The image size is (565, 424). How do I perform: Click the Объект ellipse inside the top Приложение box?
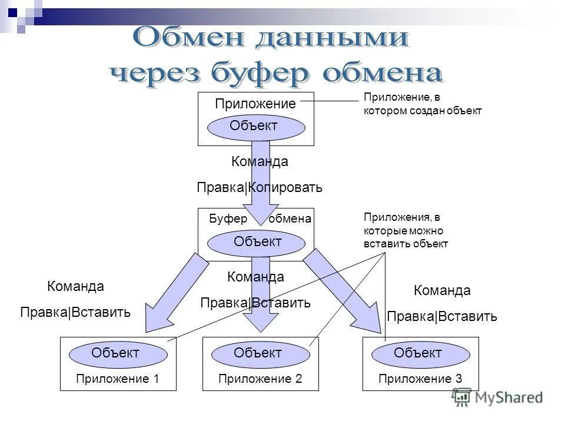click(254, 125)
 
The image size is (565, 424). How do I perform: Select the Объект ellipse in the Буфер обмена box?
click(258, 241)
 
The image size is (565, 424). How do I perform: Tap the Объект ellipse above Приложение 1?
click(115, 353)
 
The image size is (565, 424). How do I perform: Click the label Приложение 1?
click(118, 379)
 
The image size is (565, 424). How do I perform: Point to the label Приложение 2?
click(260, 379)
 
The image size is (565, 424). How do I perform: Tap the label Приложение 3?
click(420, 379)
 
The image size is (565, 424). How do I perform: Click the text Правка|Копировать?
click(260, 188)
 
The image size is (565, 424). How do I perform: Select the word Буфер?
click(228, 219)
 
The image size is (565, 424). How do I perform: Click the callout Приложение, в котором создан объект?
click(422, 104)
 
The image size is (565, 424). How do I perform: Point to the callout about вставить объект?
click(406, 230)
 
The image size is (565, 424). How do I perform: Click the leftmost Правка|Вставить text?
click(75, 312)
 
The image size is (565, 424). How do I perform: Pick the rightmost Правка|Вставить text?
click(442, 317)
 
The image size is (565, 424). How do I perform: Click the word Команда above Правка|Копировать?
click(260, 161)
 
